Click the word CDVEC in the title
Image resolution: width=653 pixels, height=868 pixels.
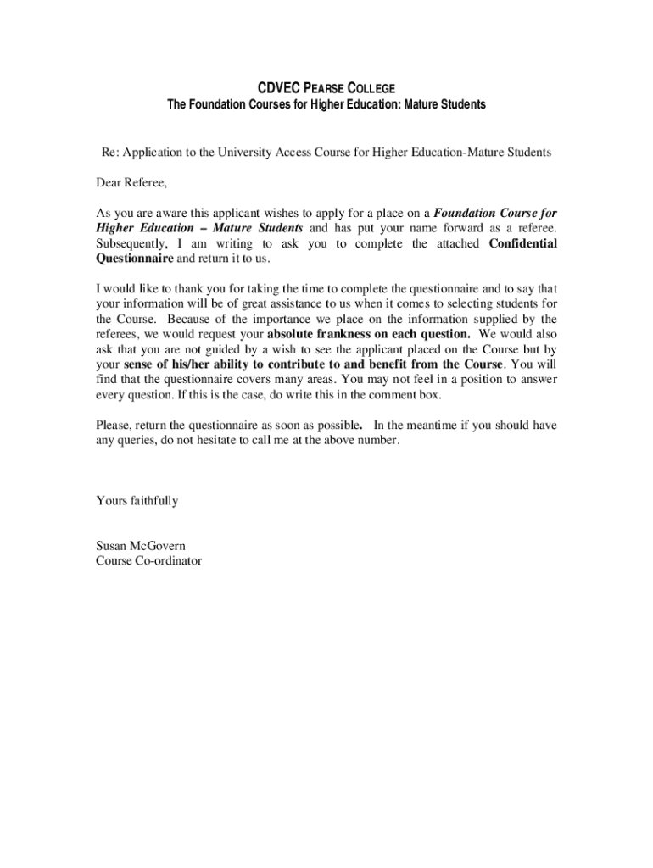(x=276, y=88)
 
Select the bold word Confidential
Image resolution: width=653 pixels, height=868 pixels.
(x=523, y=243)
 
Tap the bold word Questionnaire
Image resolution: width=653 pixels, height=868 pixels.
(x=134, y=259)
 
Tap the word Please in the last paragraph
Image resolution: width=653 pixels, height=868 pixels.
(x=113, y=426)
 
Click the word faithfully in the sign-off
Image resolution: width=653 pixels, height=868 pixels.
(x=153, y=501)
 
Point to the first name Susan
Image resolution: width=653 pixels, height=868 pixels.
(x=114, y=546)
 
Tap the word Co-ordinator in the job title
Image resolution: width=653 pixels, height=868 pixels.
(x=166, y=561)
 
